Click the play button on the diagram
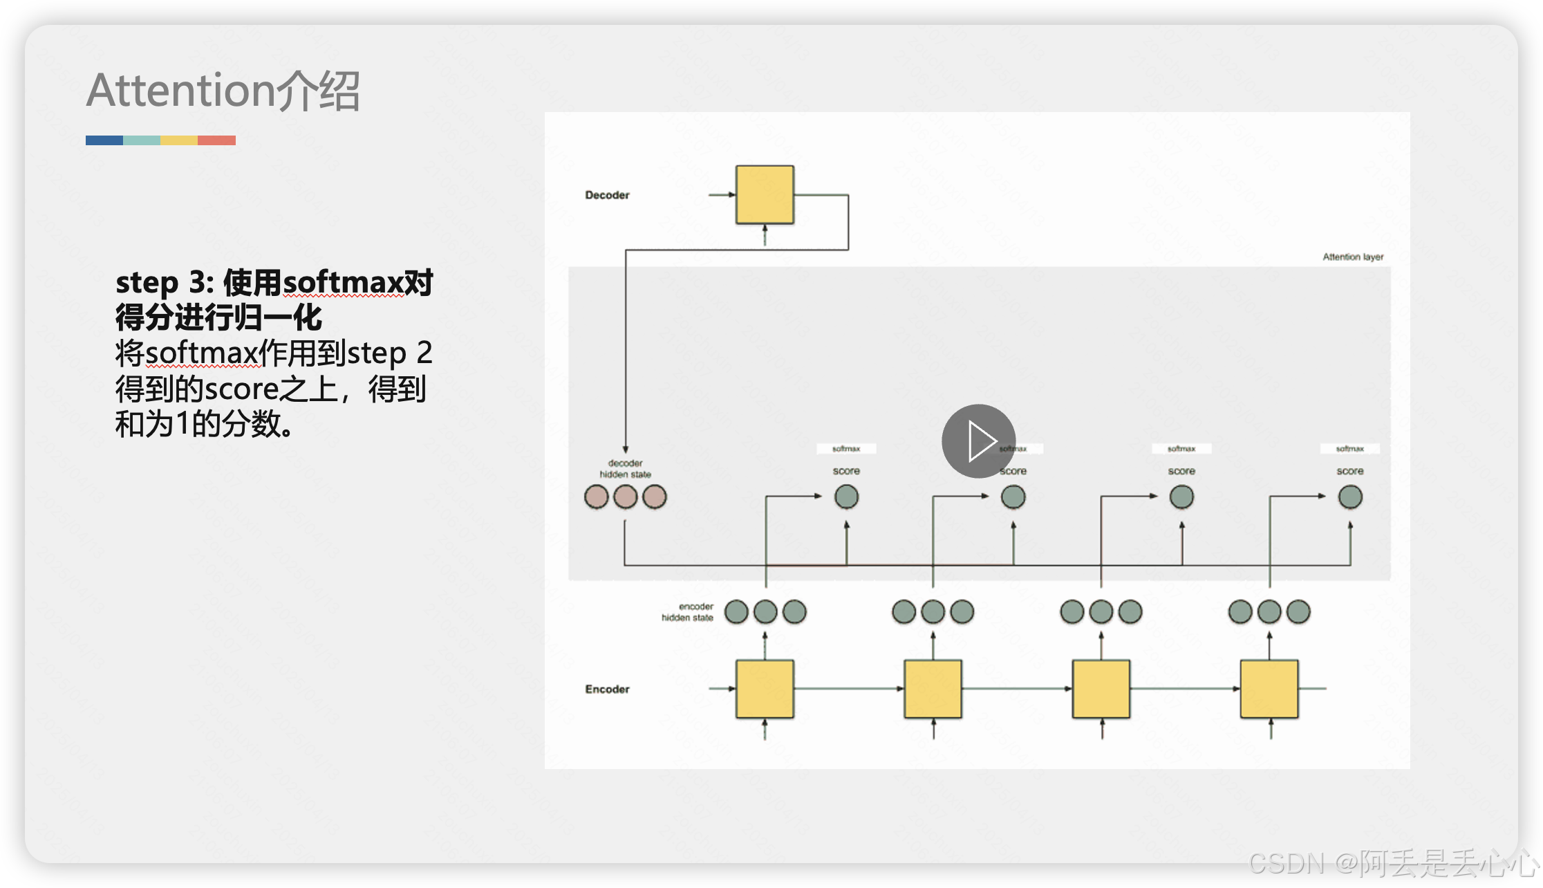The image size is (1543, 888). [x=978, y=441]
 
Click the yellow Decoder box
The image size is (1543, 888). [x=765, y=195]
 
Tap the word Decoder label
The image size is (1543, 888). [x=607, y=195]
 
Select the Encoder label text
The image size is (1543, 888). [x=607, y=689]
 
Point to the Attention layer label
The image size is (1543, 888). [x=1353, y=257]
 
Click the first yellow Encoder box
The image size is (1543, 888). [x=765, y=689]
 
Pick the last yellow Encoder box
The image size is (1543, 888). [x=1269, y=689]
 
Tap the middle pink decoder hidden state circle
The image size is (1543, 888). [x=626, y=497]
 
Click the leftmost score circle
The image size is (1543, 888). [x=846, y=497]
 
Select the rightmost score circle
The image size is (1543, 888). [x=1350, y=497]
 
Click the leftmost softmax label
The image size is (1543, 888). [x=846, y=449]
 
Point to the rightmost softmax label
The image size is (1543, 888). [x=1349, y=449]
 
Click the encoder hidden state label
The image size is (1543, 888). [x=688, y=612]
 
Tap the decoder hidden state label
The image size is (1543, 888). [x=626, y=468]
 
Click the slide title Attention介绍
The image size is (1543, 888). [x=223, y=91]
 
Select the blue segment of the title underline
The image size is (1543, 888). [x=104, y=140]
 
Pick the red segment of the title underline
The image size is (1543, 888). [x=216, y=140]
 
